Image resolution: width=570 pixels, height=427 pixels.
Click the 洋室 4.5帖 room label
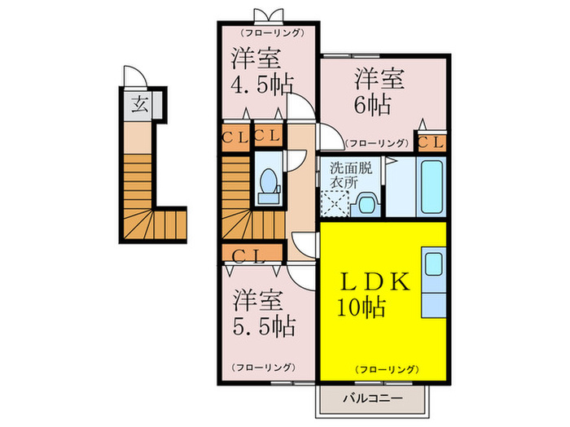[261, 71]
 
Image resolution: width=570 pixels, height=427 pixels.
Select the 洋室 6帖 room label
[373, 91]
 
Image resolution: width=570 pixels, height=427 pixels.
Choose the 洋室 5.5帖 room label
[262, 312]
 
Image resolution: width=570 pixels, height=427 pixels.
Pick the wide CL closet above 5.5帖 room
[251, 255]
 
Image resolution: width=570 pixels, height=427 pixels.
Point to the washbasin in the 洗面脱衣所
[367, 202]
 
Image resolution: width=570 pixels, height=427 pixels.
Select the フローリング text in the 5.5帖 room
[263, 367]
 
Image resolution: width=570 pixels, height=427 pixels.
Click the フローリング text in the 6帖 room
[375, 142]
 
